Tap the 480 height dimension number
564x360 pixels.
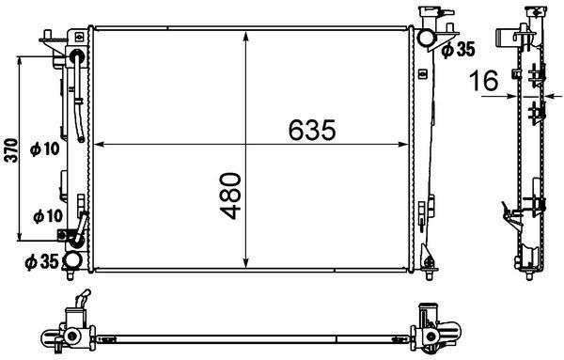[x=233, y=196]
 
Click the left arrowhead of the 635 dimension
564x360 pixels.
[x=98, y=145]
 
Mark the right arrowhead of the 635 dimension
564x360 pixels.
[x=406, y=145]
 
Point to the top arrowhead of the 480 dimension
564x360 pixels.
[x=246, y=35]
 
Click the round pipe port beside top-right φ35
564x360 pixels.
[x=426, y=38]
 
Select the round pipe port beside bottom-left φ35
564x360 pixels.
[x=70, y=262]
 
